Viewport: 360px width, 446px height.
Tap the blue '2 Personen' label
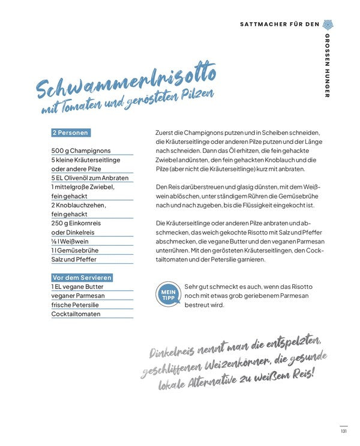(71, 132)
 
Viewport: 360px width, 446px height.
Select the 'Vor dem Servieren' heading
(82, 278)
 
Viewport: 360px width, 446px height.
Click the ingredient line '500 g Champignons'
(80, 150)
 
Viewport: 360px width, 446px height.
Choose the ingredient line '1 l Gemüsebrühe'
(75, 250)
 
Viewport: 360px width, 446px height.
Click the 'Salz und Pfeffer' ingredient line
(74, 260)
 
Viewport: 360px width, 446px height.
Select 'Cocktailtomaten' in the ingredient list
(76, 314)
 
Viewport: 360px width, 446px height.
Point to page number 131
(343, 430)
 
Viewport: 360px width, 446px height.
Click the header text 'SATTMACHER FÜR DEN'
(280, 25)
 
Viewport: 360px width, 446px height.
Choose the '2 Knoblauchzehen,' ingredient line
(79, 205)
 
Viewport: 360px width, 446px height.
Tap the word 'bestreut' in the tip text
(199, 305)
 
